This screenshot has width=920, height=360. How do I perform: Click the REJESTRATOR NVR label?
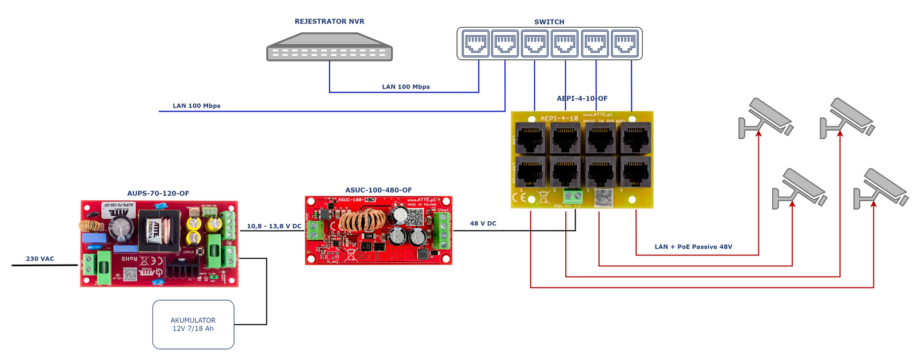pos(329,21)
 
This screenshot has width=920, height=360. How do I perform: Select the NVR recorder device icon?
pos(329,47)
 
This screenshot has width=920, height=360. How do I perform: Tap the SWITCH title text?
pos(549,22)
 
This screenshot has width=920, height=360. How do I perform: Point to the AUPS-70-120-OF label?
pos(158,193)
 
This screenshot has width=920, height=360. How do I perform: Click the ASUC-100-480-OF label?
pos(378,190)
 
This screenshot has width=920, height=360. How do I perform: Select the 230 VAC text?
pos(40,259)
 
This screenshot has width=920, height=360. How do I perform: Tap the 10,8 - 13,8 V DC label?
pos(274,226)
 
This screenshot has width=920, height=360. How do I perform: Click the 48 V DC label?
pos(483,223)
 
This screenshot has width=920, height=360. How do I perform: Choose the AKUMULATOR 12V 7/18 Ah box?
pos(193,324)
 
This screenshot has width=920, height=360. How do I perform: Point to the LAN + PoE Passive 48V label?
pos(693,247)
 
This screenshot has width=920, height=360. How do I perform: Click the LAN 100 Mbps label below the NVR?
pos(406,87)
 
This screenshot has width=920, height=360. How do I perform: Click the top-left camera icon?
pos(765,117)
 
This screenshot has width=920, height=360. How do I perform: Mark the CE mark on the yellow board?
pos(519,197)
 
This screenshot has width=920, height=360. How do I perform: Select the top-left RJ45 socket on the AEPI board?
pos(531,139)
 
